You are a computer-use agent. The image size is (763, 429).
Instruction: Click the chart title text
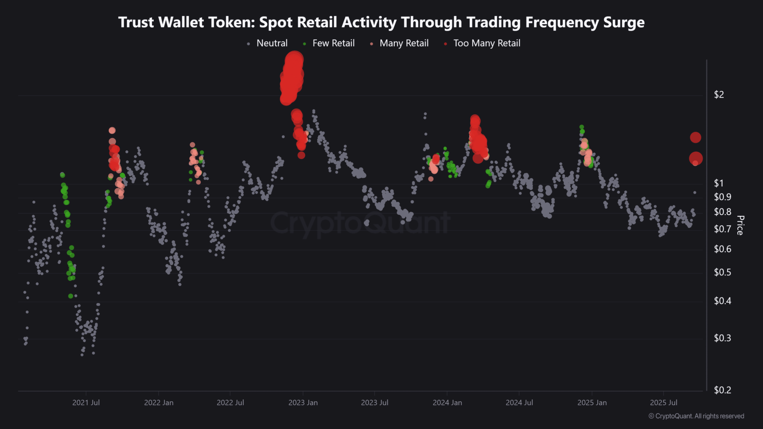(x=381, y=22)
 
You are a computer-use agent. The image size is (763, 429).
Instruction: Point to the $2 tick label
(x=719, y=95)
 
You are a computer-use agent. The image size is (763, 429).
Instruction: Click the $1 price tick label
(x=719, y=183)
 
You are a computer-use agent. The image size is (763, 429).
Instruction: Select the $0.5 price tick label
(x=722, y=272)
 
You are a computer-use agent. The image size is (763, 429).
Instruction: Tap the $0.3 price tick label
(x=722, y=338)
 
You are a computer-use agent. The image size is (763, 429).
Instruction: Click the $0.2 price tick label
(x=722, y=390)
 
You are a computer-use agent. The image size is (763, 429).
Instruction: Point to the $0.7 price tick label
(x=722, y=229)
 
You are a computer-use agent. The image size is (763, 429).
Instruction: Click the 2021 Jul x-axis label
(x=86, y=403)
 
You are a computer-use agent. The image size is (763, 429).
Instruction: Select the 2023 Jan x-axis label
(x=303, y=403)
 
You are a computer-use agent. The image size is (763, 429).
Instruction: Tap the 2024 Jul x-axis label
(x=519, y=403)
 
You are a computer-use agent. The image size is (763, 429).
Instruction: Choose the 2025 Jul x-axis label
(x=664, y=403)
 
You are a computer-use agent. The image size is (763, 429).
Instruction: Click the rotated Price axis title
(x=740, y=225)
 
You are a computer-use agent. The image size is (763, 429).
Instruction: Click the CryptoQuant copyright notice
(x=696, y=416)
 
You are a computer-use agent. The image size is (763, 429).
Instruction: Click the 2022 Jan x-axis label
(x=159, y=403)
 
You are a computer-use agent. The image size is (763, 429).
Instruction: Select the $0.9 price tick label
(x=722, y=197)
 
